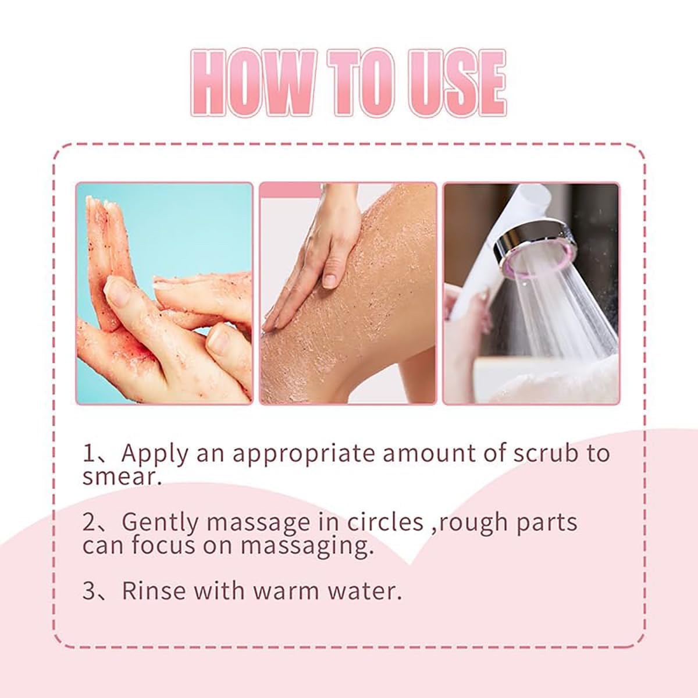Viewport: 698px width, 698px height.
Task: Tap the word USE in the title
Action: coord(458,83)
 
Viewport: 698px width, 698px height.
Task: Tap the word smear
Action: coord(122,477)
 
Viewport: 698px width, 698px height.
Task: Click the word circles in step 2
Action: coord(385,522)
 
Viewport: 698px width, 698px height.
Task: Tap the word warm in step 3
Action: coord(287,592)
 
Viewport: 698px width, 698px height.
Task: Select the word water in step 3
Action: coord(365,592)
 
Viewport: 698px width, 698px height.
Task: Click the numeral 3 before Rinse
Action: coord(88,591)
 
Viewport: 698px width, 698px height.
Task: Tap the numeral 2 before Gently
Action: coord(88,522)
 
